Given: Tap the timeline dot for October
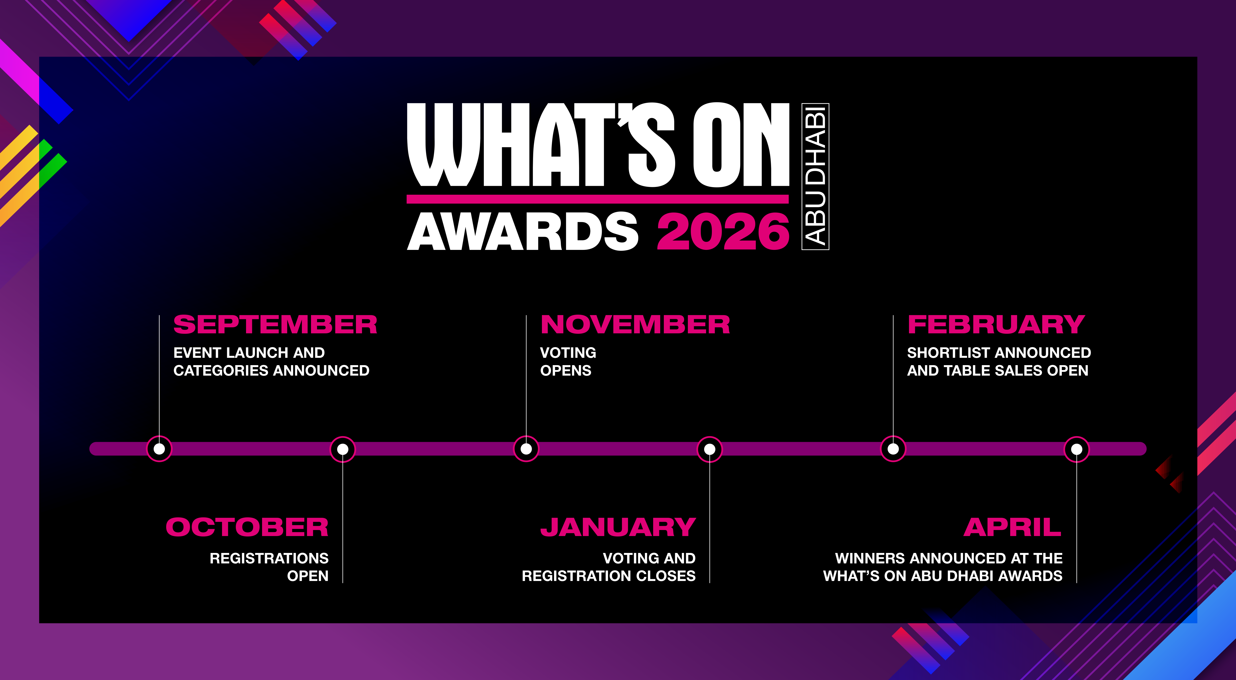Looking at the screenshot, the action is (343, 449).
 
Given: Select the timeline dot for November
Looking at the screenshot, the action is (526, 449).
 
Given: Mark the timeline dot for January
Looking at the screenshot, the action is (710, 449).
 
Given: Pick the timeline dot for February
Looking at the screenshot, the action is (893, 449).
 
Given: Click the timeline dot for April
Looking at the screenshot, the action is (1077, 449).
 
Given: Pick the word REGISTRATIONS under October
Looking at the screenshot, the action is (269, 558).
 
